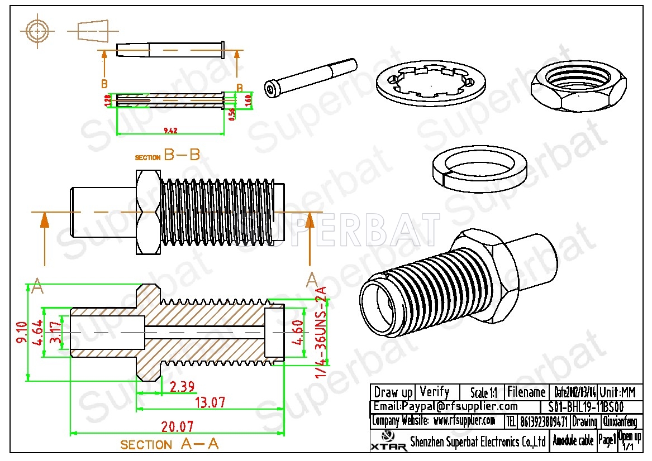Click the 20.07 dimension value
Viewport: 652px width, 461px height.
(x=178, y=427)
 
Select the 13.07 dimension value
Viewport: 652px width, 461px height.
(x=210, y=402)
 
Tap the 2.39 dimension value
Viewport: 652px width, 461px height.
(x=183, y=387)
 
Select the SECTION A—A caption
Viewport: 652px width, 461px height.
(x=169, y=444)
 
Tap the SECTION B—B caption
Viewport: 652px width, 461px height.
(x=168, y=156)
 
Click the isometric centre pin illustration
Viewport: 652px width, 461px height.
(x=310, y=78)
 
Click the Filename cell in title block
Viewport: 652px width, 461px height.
(x=526, y=392)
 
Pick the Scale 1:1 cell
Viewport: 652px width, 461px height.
(x=484, y=392)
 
